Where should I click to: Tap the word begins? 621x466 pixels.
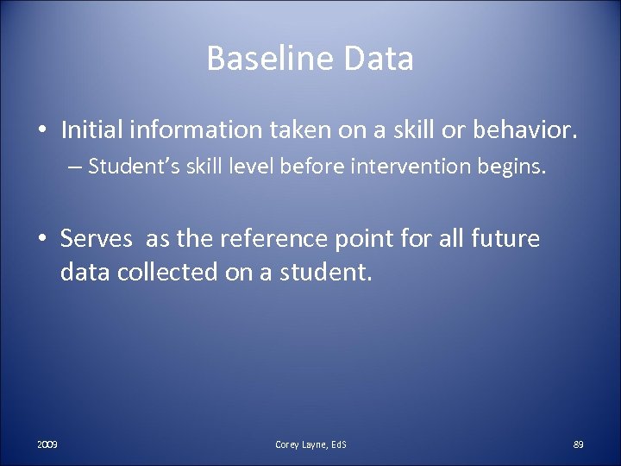[x=513, y=166]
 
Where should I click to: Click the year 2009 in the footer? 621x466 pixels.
[x=47, y=444]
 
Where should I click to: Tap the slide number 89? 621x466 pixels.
[x=578, y=444]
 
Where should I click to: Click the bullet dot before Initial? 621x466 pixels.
[x=42, y=129]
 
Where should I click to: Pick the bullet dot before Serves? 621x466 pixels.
[x=42, y=238]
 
